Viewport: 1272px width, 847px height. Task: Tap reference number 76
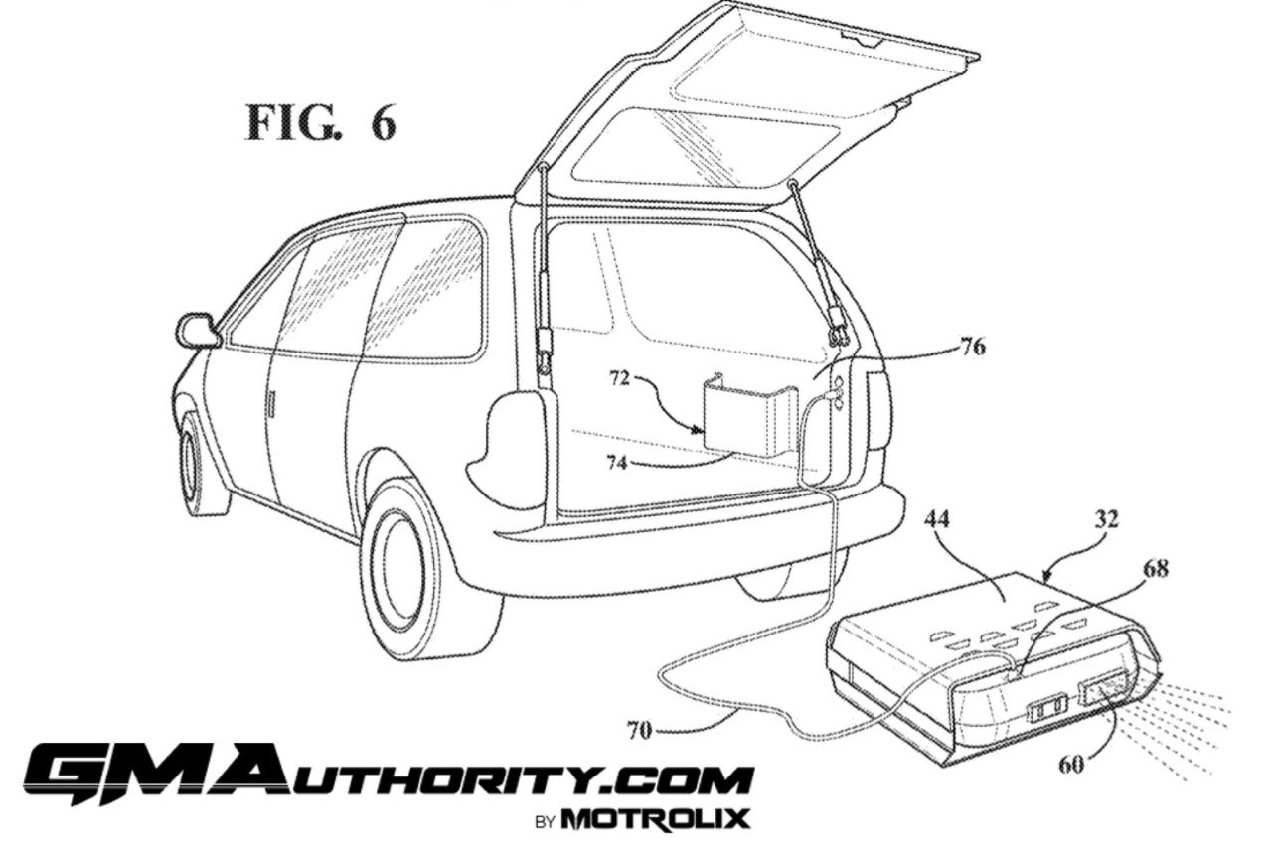(x=972, y=345)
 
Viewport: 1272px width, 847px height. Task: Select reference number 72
(x=619, y=378)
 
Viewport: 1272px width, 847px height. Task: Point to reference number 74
(x=617, y=464)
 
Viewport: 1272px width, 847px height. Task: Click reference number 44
(x=936, y=518)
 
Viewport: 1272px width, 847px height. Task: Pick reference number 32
(x=1106, y=518)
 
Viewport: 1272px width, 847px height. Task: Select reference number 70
(x=639, y=730)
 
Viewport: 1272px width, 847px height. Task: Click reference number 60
(x=1071, y=764)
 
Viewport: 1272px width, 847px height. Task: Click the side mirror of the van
(x=197, y=331)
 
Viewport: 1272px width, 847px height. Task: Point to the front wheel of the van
(x=192, y=461)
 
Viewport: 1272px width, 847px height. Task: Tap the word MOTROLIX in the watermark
(x=656, y=818)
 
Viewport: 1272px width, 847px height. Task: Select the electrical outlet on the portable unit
(x=1046, y=708)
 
